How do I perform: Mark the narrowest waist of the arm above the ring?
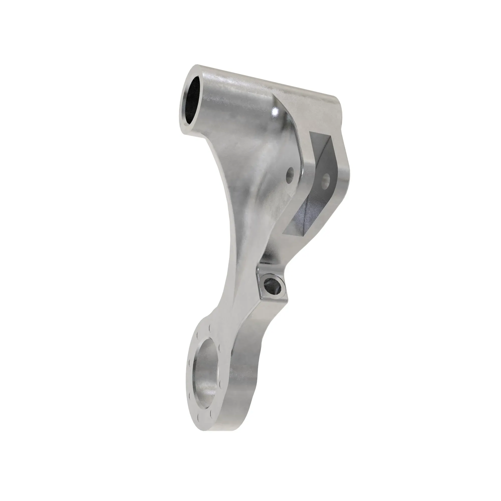click(233, 298)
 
